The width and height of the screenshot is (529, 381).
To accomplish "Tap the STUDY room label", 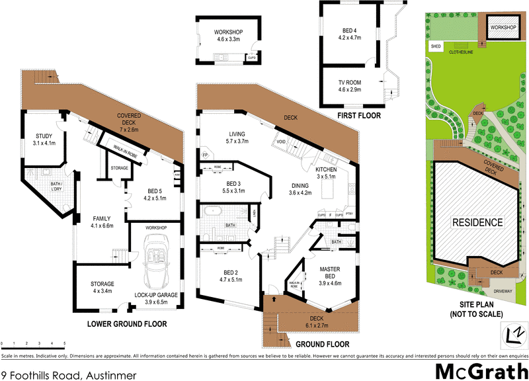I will tap(45, 140).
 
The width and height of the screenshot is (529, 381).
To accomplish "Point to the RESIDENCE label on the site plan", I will tap(477, 222).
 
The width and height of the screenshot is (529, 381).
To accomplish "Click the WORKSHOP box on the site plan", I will tap(503, 28).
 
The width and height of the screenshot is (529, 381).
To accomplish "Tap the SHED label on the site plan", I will tap(436, 47).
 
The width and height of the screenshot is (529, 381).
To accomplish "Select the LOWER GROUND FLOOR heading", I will tap(127, 324).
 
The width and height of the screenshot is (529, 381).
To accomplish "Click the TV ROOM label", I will tap(351, 85).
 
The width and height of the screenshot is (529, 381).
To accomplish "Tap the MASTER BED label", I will tap(329, 274).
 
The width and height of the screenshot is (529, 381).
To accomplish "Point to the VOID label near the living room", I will tap(280, 142).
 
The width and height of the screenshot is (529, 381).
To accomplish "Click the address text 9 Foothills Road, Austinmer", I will tap(69, 376).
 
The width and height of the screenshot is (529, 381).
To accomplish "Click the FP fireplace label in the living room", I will tap(205, 155).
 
